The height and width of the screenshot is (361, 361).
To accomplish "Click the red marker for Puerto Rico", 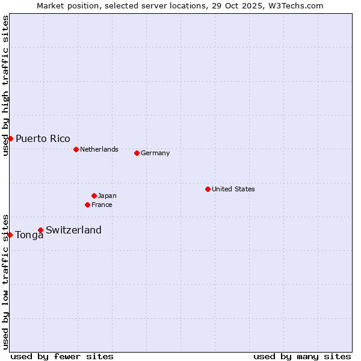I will pos(10,138).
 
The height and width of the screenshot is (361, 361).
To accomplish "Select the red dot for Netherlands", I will pos(76,149).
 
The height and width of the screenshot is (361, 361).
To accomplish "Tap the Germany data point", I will pos(137,153).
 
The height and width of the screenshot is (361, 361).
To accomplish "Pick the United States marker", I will pos(208,189).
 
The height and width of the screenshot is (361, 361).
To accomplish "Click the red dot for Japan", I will pos(94,196).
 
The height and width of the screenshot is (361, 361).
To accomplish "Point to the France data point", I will pos(87,205).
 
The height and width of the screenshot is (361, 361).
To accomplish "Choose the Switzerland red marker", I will pos(40,230).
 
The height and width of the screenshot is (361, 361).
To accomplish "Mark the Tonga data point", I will pos(10,235).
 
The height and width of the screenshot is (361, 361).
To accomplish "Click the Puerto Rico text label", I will pos(43,138).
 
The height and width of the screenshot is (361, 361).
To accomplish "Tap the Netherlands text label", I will pos(99,149).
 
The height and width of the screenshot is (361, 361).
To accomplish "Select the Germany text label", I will pos(155,153).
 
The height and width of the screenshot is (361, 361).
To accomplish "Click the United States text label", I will pos(233,189).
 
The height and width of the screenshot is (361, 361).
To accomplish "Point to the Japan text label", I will pos(107,196).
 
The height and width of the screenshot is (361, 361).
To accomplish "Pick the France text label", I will pos(102,205).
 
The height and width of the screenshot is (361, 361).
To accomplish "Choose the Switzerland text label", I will pos(73,230).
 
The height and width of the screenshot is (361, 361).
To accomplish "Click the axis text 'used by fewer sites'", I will pos(62,356).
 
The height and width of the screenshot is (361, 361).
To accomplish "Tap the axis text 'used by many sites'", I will pos(302,356).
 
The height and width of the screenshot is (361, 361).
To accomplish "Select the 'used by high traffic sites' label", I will pos(5,85).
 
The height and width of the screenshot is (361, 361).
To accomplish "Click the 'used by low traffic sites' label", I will pos(5,281).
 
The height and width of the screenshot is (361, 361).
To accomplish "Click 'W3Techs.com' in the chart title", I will pos(297,5).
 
